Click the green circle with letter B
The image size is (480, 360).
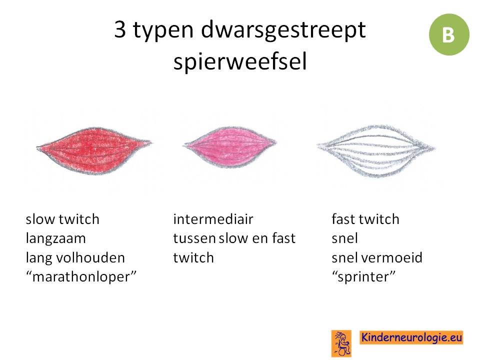449,34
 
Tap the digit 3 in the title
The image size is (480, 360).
120,29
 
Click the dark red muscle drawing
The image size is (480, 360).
93,150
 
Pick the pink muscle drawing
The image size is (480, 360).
229,147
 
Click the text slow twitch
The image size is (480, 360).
62,219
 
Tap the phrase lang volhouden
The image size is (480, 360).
75,258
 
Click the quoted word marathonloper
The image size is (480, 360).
81,276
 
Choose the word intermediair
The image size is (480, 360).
213,219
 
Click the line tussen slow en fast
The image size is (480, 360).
234,238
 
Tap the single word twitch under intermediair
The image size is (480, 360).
193,258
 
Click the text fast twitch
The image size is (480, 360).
365,219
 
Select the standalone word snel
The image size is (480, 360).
344,238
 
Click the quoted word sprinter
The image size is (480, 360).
363,277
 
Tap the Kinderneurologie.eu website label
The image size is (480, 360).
411,337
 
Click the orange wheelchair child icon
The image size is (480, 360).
341,343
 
